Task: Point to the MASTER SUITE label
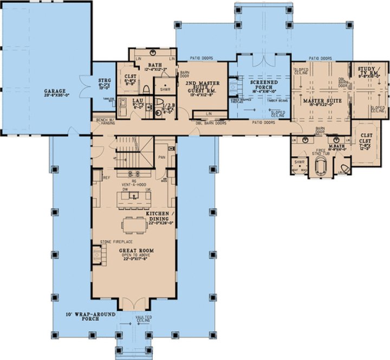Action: pyautogui.click(x=317, y=101)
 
